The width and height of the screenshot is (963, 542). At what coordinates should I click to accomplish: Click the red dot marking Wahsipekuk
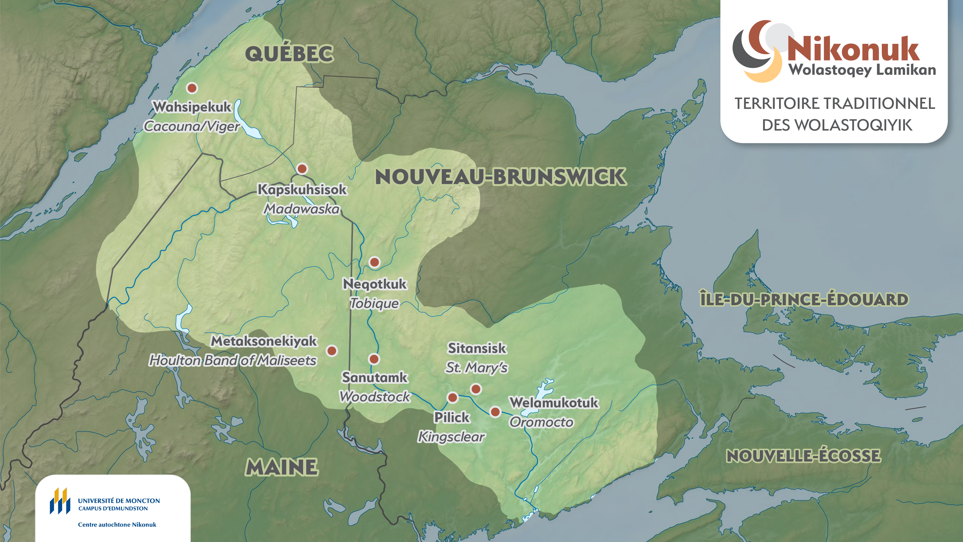(192, 88)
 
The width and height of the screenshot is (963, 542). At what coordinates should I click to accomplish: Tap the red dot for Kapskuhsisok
(302, 168)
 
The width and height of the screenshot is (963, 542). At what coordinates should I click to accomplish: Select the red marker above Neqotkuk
(374, 262)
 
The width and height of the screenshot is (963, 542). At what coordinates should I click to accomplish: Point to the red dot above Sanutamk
(374, 359)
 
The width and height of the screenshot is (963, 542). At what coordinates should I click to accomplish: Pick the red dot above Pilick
(452, 397)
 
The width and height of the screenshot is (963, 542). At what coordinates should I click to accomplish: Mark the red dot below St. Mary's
(475, 389)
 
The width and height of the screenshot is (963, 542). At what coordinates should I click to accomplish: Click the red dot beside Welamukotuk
(495, 412)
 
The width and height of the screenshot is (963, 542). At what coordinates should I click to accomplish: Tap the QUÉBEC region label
(289, 54)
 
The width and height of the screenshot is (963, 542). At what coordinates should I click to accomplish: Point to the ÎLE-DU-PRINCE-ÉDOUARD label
(804, 299)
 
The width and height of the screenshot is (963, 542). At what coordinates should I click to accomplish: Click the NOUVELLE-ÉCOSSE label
(803, 456)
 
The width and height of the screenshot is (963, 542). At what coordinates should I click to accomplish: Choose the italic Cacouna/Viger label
(191, 126)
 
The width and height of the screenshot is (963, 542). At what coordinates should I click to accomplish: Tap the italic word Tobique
(374, 303)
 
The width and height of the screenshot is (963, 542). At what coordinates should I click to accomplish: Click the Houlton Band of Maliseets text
(233, 361)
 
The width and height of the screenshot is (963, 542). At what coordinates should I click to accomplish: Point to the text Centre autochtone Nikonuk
(117, 524)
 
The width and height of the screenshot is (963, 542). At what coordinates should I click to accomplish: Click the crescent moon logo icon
(757, 51)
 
